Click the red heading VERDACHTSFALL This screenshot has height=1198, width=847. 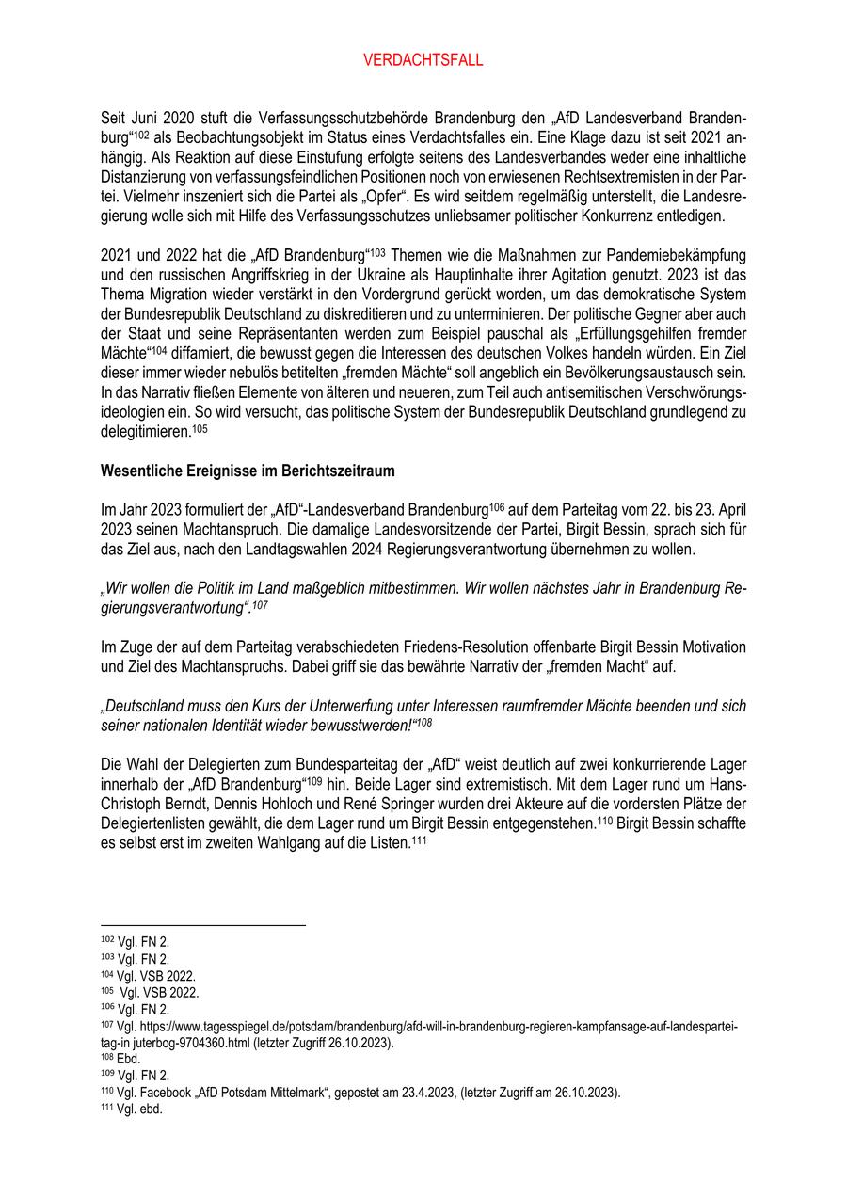tap(423, 60)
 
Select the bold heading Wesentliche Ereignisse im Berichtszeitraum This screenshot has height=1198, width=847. tap(248, 470)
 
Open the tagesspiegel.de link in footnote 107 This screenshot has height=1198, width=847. tap(423, 1027)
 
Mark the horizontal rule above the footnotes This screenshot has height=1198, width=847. tap(202, 925)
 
